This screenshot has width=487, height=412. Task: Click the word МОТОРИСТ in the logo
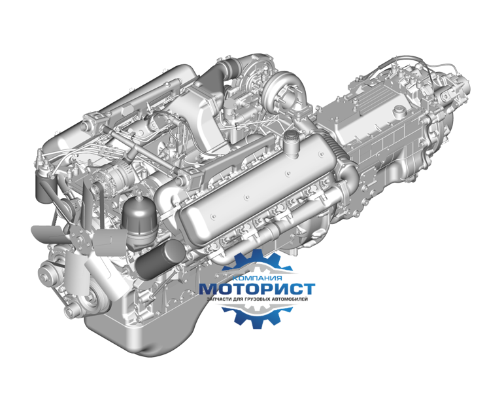pyautogui.click(x=257, y=289)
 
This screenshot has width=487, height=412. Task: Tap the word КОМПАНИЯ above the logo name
pyautogui.click(x=257, y=278)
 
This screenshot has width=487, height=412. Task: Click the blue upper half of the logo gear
pyautogui.click(x=257, y=261)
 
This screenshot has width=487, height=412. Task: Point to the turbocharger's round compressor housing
pyautogui.click(x=284, y=90)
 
